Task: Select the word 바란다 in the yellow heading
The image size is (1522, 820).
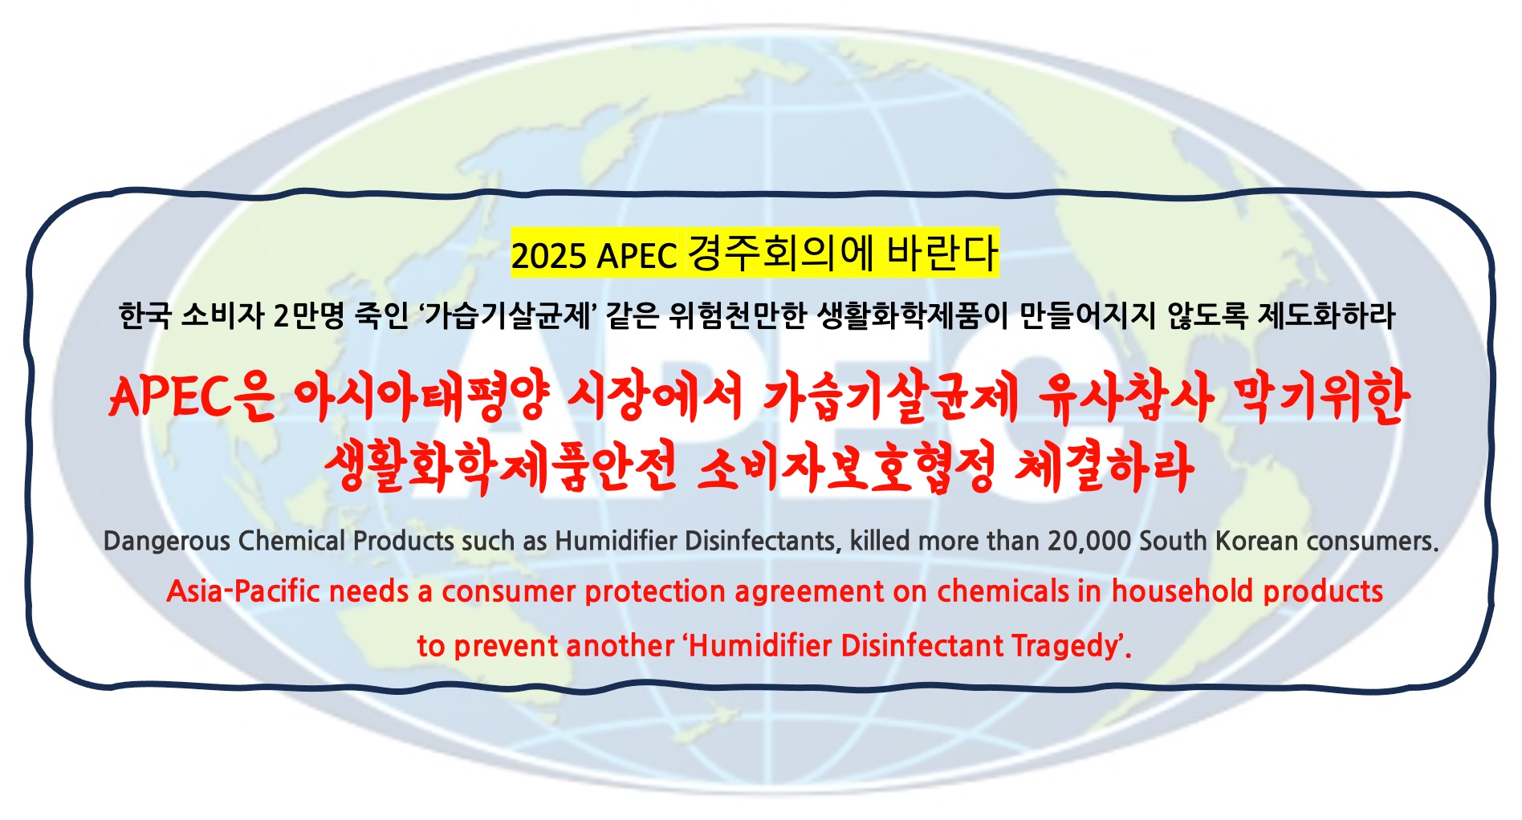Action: pyautogui.click(x=941, y=253)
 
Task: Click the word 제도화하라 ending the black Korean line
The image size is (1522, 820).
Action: pyautogui.click(x=1326, y=315)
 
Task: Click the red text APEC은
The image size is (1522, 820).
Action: pyautogui.click(x=191, y=397)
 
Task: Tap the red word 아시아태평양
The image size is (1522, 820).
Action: pyautogui.click(x=422, y=397)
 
